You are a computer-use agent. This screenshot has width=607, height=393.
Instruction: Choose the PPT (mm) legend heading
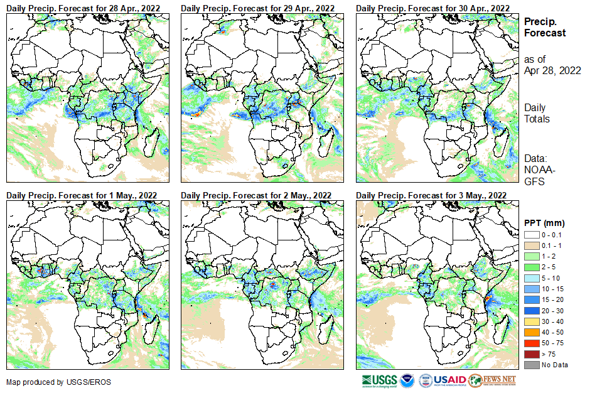[544, 223]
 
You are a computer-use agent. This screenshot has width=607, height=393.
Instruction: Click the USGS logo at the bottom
[380, 380]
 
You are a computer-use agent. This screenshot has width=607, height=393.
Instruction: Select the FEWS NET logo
[493, 380]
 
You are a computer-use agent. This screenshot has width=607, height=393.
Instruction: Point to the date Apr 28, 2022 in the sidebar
[552, 70]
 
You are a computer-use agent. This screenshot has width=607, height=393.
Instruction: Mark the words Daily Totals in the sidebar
[538, 113]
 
